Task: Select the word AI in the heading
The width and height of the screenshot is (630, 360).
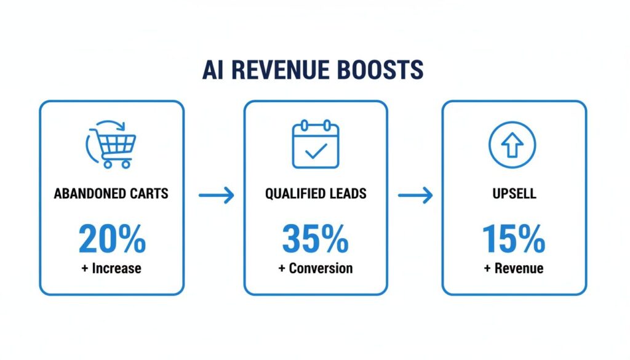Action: (211, 70)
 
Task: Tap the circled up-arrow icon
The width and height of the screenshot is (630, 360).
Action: (512, 145)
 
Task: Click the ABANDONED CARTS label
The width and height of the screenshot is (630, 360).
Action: (111, 194)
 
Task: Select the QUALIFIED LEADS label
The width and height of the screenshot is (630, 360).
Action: (316, 194)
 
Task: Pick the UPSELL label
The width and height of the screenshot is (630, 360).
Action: (514, 194)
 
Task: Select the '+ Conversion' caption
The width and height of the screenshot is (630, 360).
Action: (316, 268)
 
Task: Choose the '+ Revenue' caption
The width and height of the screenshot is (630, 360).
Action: (514, 268)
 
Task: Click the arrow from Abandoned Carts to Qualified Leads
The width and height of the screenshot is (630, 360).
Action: (217, 196)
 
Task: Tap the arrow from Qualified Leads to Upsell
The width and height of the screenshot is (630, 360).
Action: (415, 196)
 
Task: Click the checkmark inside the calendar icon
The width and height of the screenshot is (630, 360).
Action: (316, 150)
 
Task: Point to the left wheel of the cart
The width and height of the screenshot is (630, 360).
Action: (108, 164)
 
